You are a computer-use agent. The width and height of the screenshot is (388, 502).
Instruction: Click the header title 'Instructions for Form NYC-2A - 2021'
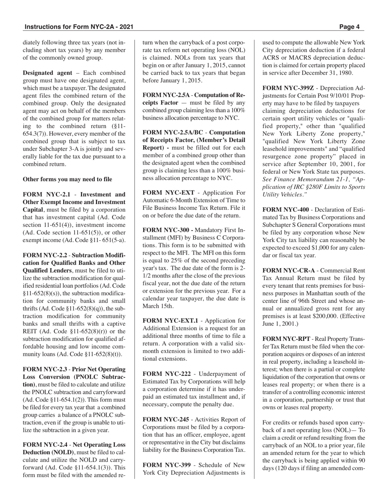click(79, 27)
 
